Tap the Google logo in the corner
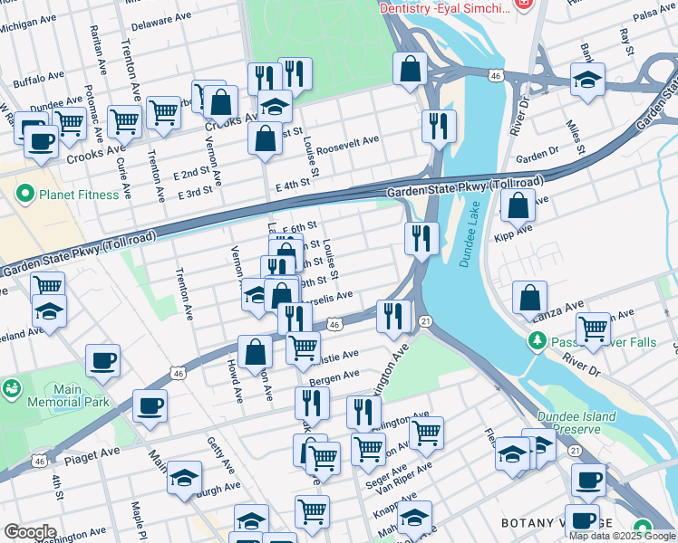29,532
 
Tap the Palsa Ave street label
654,15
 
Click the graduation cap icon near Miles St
587,80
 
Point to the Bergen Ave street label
334,376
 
